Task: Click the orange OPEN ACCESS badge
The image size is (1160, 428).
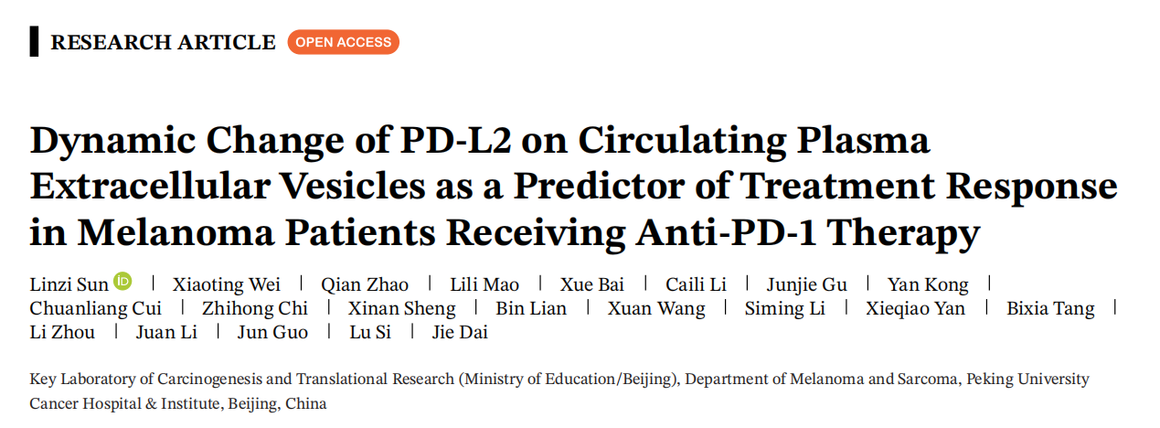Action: coord(343,42)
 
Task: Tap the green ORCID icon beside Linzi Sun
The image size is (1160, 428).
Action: coord(122,282)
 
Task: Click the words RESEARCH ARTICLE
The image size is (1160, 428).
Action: coord(163,42)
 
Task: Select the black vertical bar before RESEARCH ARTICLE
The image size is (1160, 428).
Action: coord(34,42)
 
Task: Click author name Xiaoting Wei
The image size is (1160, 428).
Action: coord(227,284)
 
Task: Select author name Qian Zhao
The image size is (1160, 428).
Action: coord(365,284)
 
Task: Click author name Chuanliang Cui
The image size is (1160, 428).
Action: coord(95,308)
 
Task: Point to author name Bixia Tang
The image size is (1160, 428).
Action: coord(1050,308)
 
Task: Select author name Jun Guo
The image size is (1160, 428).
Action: coord(272,332)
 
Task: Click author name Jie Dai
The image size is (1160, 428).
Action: coord(460,332)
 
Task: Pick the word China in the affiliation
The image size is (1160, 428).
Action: coord(305,403)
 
